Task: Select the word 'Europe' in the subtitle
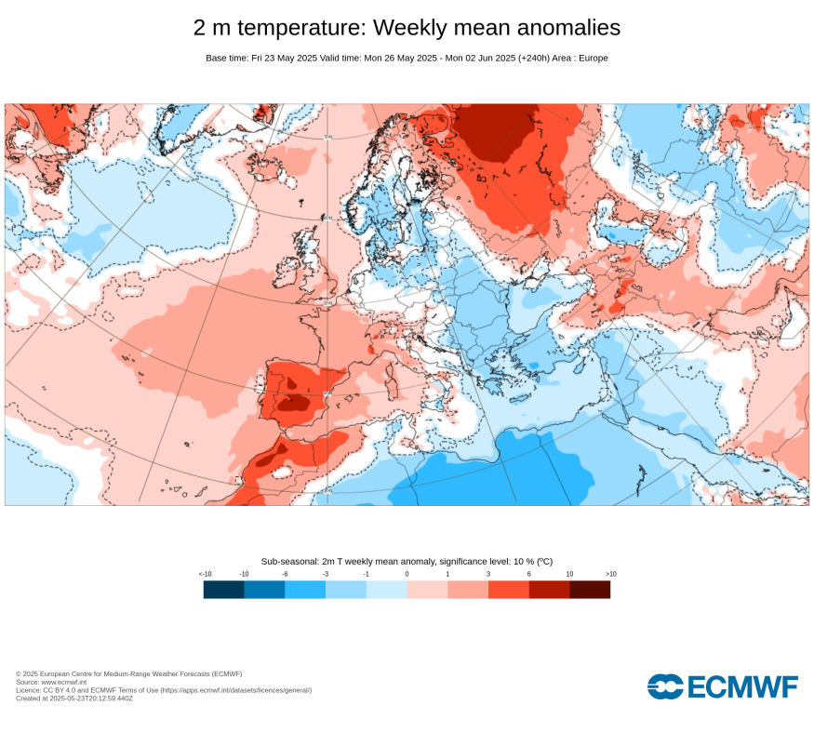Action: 591,58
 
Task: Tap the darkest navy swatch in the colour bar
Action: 224,589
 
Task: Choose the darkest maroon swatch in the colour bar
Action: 590,589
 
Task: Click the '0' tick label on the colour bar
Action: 407,574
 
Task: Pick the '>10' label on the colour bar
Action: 610,574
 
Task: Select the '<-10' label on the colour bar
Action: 205,574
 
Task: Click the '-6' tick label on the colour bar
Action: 285,574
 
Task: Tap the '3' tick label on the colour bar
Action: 488,574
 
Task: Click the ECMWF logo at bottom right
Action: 723,687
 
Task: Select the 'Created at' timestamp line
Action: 74,698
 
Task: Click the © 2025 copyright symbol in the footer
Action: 19,674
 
